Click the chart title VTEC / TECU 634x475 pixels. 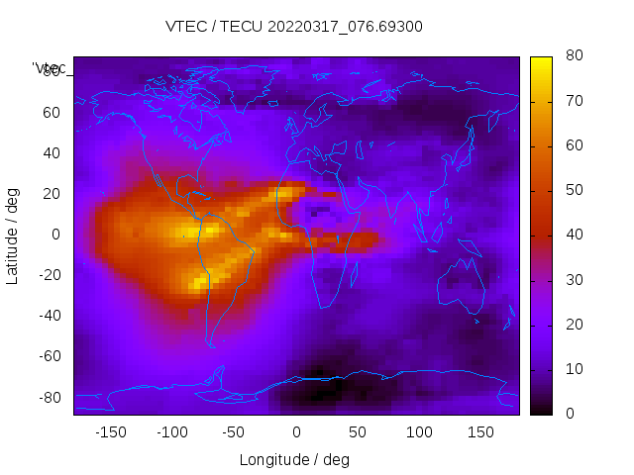coord(293,27)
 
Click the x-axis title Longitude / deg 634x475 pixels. coord(294,459)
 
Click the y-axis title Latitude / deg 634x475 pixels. coord(13,235)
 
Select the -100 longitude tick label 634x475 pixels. coord(171,431)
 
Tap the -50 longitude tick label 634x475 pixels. coord(234,431)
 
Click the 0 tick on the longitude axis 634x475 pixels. coord(295,431)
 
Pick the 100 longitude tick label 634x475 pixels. coord(419,431)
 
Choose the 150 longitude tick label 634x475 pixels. coord(480,431)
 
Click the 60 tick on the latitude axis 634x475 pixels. coord(52,112)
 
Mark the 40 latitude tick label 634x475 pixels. coord(52,152)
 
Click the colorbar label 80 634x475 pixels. coord(574,56)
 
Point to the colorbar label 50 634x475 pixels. coord(574,190)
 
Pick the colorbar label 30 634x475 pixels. coord(574,280)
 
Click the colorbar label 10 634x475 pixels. coord(574,369)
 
